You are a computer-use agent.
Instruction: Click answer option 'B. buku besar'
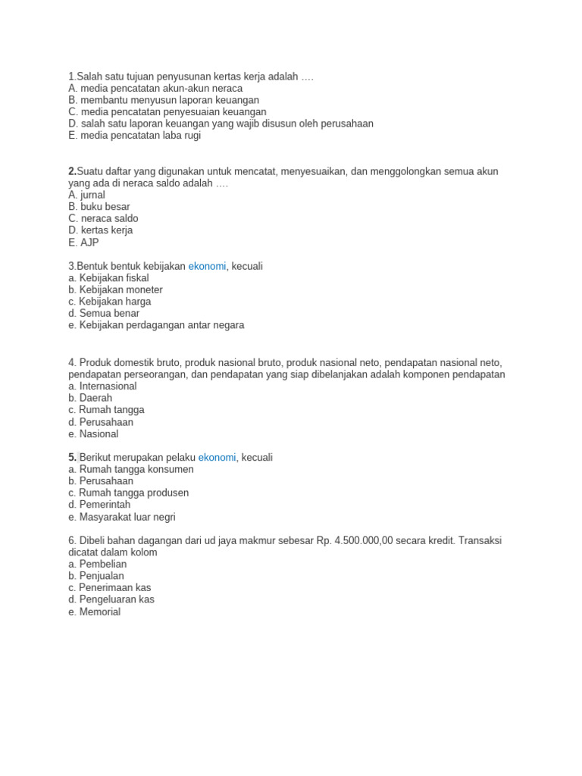99,207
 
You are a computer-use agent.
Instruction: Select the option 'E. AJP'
83,242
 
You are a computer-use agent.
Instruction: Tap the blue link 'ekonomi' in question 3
207,266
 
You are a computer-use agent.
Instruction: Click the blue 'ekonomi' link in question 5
217,457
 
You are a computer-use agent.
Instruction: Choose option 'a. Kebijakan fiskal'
108,278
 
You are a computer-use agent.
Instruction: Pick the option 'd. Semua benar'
104,313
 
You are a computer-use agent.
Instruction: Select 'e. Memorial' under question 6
94,612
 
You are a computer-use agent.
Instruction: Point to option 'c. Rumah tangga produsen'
128,493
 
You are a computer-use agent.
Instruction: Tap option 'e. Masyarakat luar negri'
122,517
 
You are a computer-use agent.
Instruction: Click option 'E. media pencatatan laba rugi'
134,136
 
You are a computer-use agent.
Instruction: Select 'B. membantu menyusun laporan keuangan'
164,100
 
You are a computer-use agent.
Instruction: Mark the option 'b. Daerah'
90,398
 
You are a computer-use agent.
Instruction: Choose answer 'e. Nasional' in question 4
93,434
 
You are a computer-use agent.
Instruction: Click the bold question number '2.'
73,171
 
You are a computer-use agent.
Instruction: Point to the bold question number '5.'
73,457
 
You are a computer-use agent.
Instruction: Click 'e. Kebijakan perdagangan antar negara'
156,325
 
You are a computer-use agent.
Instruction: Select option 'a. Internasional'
102,386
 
